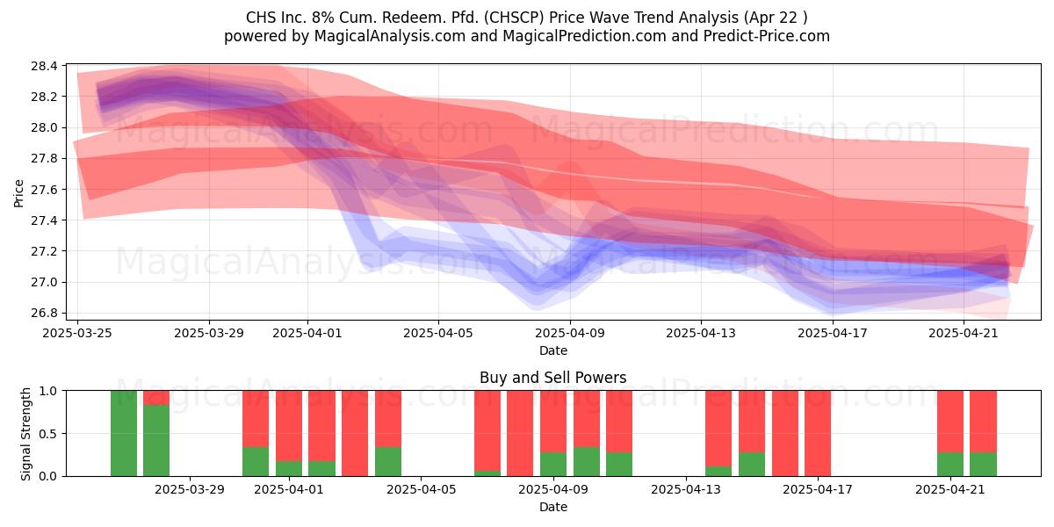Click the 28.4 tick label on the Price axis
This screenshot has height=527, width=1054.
point(44,66)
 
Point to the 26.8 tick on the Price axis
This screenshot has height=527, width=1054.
point(44,314)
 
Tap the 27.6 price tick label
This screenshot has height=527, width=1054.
point(44,190)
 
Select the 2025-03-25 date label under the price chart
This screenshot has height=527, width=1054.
point(77,333)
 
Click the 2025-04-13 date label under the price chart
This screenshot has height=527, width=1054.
point(701,333)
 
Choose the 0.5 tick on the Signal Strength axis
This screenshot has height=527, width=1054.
point(48,433)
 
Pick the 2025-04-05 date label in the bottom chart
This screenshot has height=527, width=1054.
point(421,490)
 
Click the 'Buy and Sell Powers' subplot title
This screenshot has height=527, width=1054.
point(552,378)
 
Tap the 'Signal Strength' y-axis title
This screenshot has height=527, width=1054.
point(25,434)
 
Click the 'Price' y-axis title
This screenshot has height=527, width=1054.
point(18,193)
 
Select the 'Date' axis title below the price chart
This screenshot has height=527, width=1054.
point(552,350)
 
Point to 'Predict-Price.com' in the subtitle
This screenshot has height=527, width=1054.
point(767,36)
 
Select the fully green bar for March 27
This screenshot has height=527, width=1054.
point(124,433)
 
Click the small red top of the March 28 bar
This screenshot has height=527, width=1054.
point(156,398)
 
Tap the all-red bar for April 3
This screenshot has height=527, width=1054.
point(355,433)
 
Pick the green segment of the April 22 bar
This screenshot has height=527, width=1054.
point(983,465)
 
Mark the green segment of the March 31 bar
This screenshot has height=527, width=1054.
point(256,462)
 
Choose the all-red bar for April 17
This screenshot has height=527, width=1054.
point(818,433)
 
